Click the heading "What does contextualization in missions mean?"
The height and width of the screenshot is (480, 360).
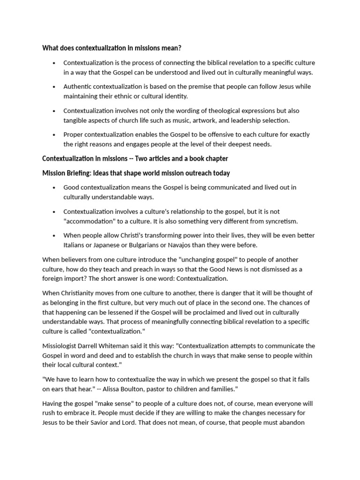click(x=112, y=47)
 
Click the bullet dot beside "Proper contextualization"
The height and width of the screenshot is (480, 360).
click(x=54, y=135)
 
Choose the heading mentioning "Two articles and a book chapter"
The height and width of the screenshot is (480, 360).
click(x=135, y=158)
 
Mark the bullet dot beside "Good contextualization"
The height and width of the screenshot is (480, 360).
click(x=54, y=187)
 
